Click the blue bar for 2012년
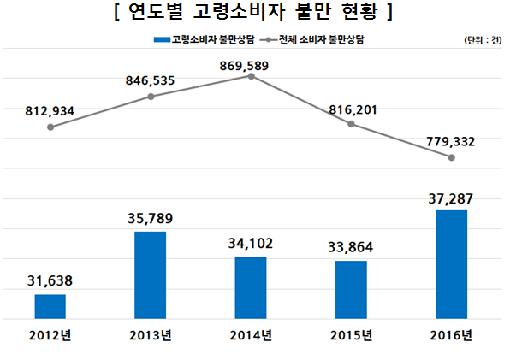tap(50, 306)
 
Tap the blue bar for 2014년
tap(251, 288)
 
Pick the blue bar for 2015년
tap(351, 290)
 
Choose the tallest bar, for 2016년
tap(451, 264)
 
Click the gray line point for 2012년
tap(50, 127)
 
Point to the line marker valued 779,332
tap(451, 157)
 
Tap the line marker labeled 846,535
tap(151, 97)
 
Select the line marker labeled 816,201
tap(352, 124)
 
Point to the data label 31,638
tap(50, 280)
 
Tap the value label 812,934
tap(51, 109)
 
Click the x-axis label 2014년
tap(251, 334)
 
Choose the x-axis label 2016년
tap(451, 334)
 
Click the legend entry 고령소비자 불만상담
tap(205, 40)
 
